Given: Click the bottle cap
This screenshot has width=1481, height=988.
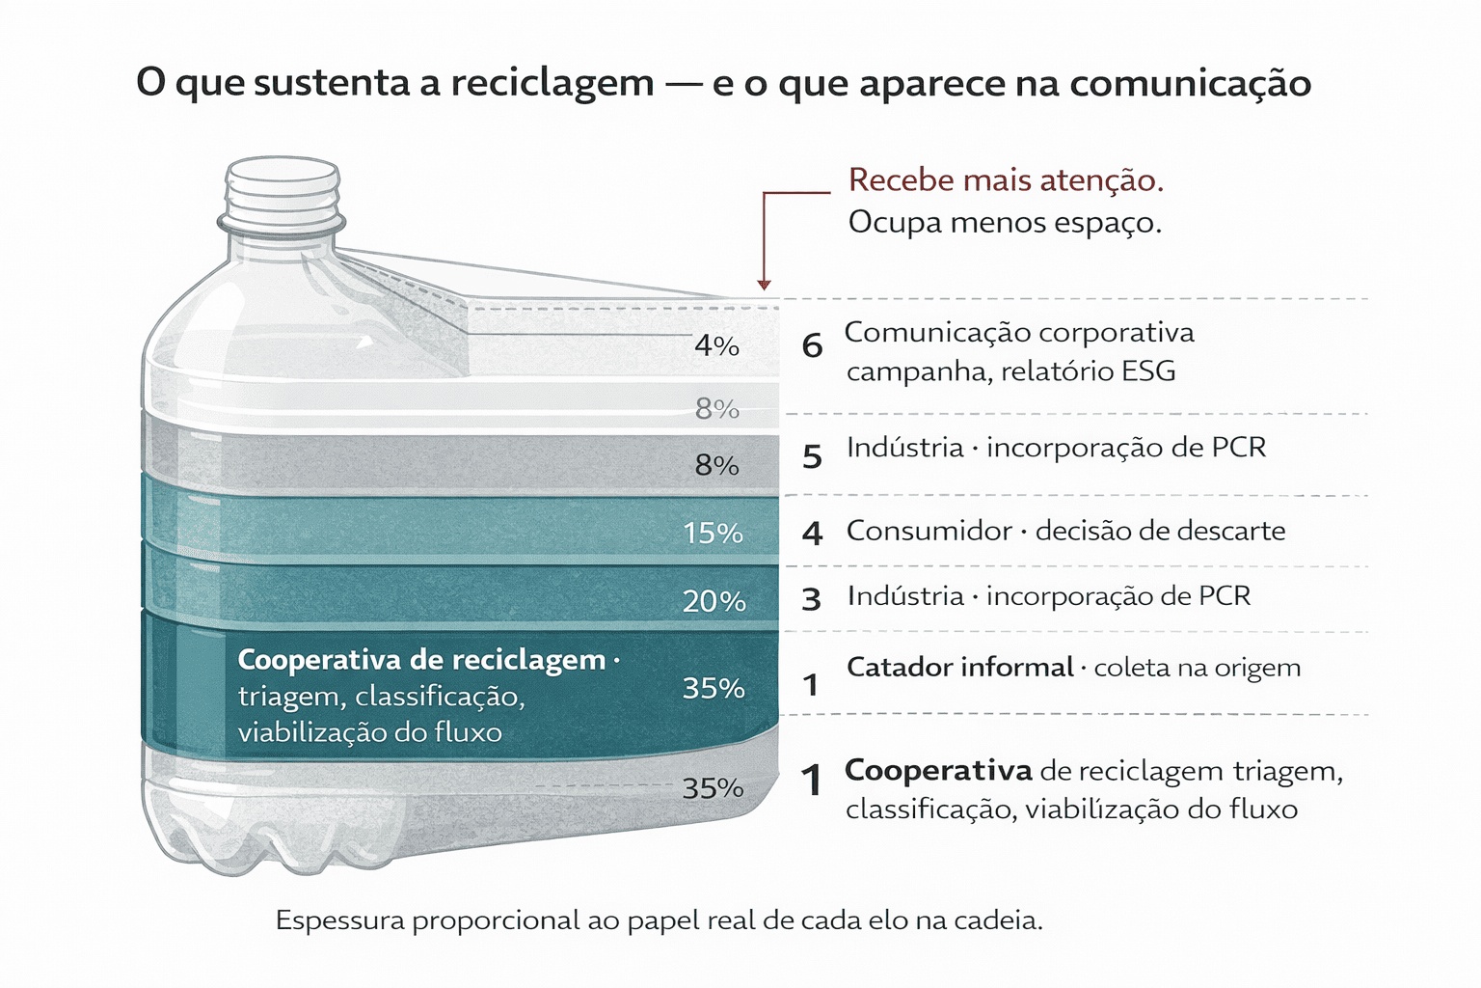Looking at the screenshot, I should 283,190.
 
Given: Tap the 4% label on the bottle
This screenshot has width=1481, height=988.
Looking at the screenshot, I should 716,345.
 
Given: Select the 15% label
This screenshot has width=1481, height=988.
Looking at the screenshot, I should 713,533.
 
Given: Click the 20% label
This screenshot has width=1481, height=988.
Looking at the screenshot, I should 714,601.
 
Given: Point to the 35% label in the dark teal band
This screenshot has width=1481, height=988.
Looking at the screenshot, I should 714,688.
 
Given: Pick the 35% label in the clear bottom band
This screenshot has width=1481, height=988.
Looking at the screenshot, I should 714,788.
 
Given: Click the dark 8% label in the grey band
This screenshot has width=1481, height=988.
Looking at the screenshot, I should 716,465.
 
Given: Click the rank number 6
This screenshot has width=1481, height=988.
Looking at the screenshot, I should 812,345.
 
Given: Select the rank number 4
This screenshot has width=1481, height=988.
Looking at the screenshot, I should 812,533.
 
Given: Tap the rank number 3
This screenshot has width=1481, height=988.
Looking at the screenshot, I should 811,600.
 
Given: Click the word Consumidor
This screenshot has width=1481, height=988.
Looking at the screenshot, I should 929,531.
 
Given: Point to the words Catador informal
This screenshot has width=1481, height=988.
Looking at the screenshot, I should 959,667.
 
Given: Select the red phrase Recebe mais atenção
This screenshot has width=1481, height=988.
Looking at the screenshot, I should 1006,180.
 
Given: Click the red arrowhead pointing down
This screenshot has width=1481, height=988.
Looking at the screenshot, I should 764,284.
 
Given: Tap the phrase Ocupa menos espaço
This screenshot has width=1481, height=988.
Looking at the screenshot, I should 1005,223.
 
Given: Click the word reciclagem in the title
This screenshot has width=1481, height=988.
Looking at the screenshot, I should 552,84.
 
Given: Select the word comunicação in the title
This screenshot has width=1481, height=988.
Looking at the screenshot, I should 1190,84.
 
